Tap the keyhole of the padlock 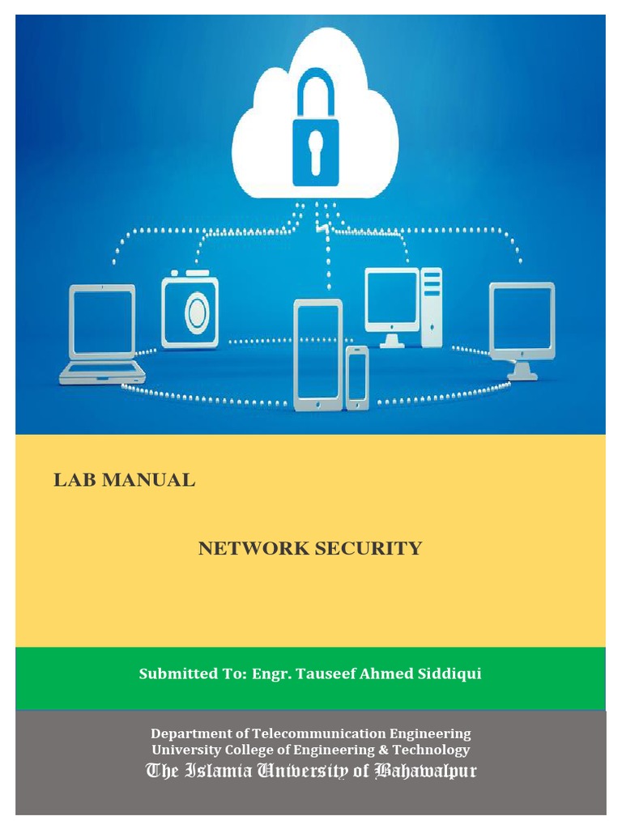tap(315, 151)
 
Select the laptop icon tap(103, 334)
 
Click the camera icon tap(190, 311)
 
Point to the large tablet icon tap(317, 354)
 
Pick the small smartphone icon tap(357, 377)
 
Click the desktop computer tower tap(432, 308)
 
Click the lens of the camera tap(196, 315)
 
